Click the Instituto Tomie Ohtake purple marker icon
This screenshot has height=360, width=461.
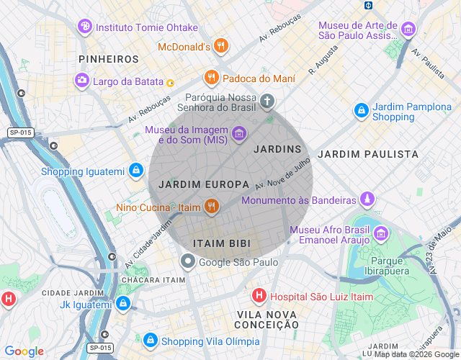click(x=85, y=27)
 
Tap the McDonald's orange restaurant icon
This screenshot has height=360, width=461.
click(x=221, y=47)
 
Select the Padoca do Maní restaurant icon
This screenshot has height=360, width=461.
click(x=210, y=77)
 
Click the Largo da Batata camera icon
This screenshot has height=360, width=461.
click(x=82, y=80)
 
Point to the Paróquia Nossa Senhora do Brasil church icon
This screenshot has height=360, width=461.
click(x=267, y=101)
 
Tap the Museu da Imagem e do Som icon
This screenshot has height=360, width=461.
click(x=239, y=133)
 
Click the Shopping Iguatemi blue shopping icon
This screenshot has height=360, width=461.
click(x=135, y=171)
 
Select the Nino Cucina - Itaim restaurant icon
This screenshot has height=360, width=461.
click(x=210, y=207)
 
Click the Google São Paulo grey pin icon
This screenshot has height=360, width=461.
click(x=187, y=261)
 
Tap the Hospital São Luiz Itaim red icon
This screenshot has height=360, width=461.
click(x=258, y=294)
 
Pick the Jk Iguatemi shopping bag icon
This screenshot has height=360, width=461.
click(x=123, y=304)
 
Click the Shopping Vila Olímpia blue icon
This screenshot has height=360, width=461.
click(x=150, y=341)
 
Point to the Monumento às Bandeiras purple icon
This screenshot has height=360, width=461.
click(x=368, y=199)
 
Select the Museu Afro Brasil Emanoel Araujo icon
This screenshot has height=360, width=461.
click(x=380, y=233)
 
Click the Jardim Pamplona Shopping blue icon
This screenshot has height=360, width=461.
click(x=361, y=111)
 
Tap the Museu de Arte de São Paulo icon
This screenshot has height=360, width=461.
click(x=408, y=30)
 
